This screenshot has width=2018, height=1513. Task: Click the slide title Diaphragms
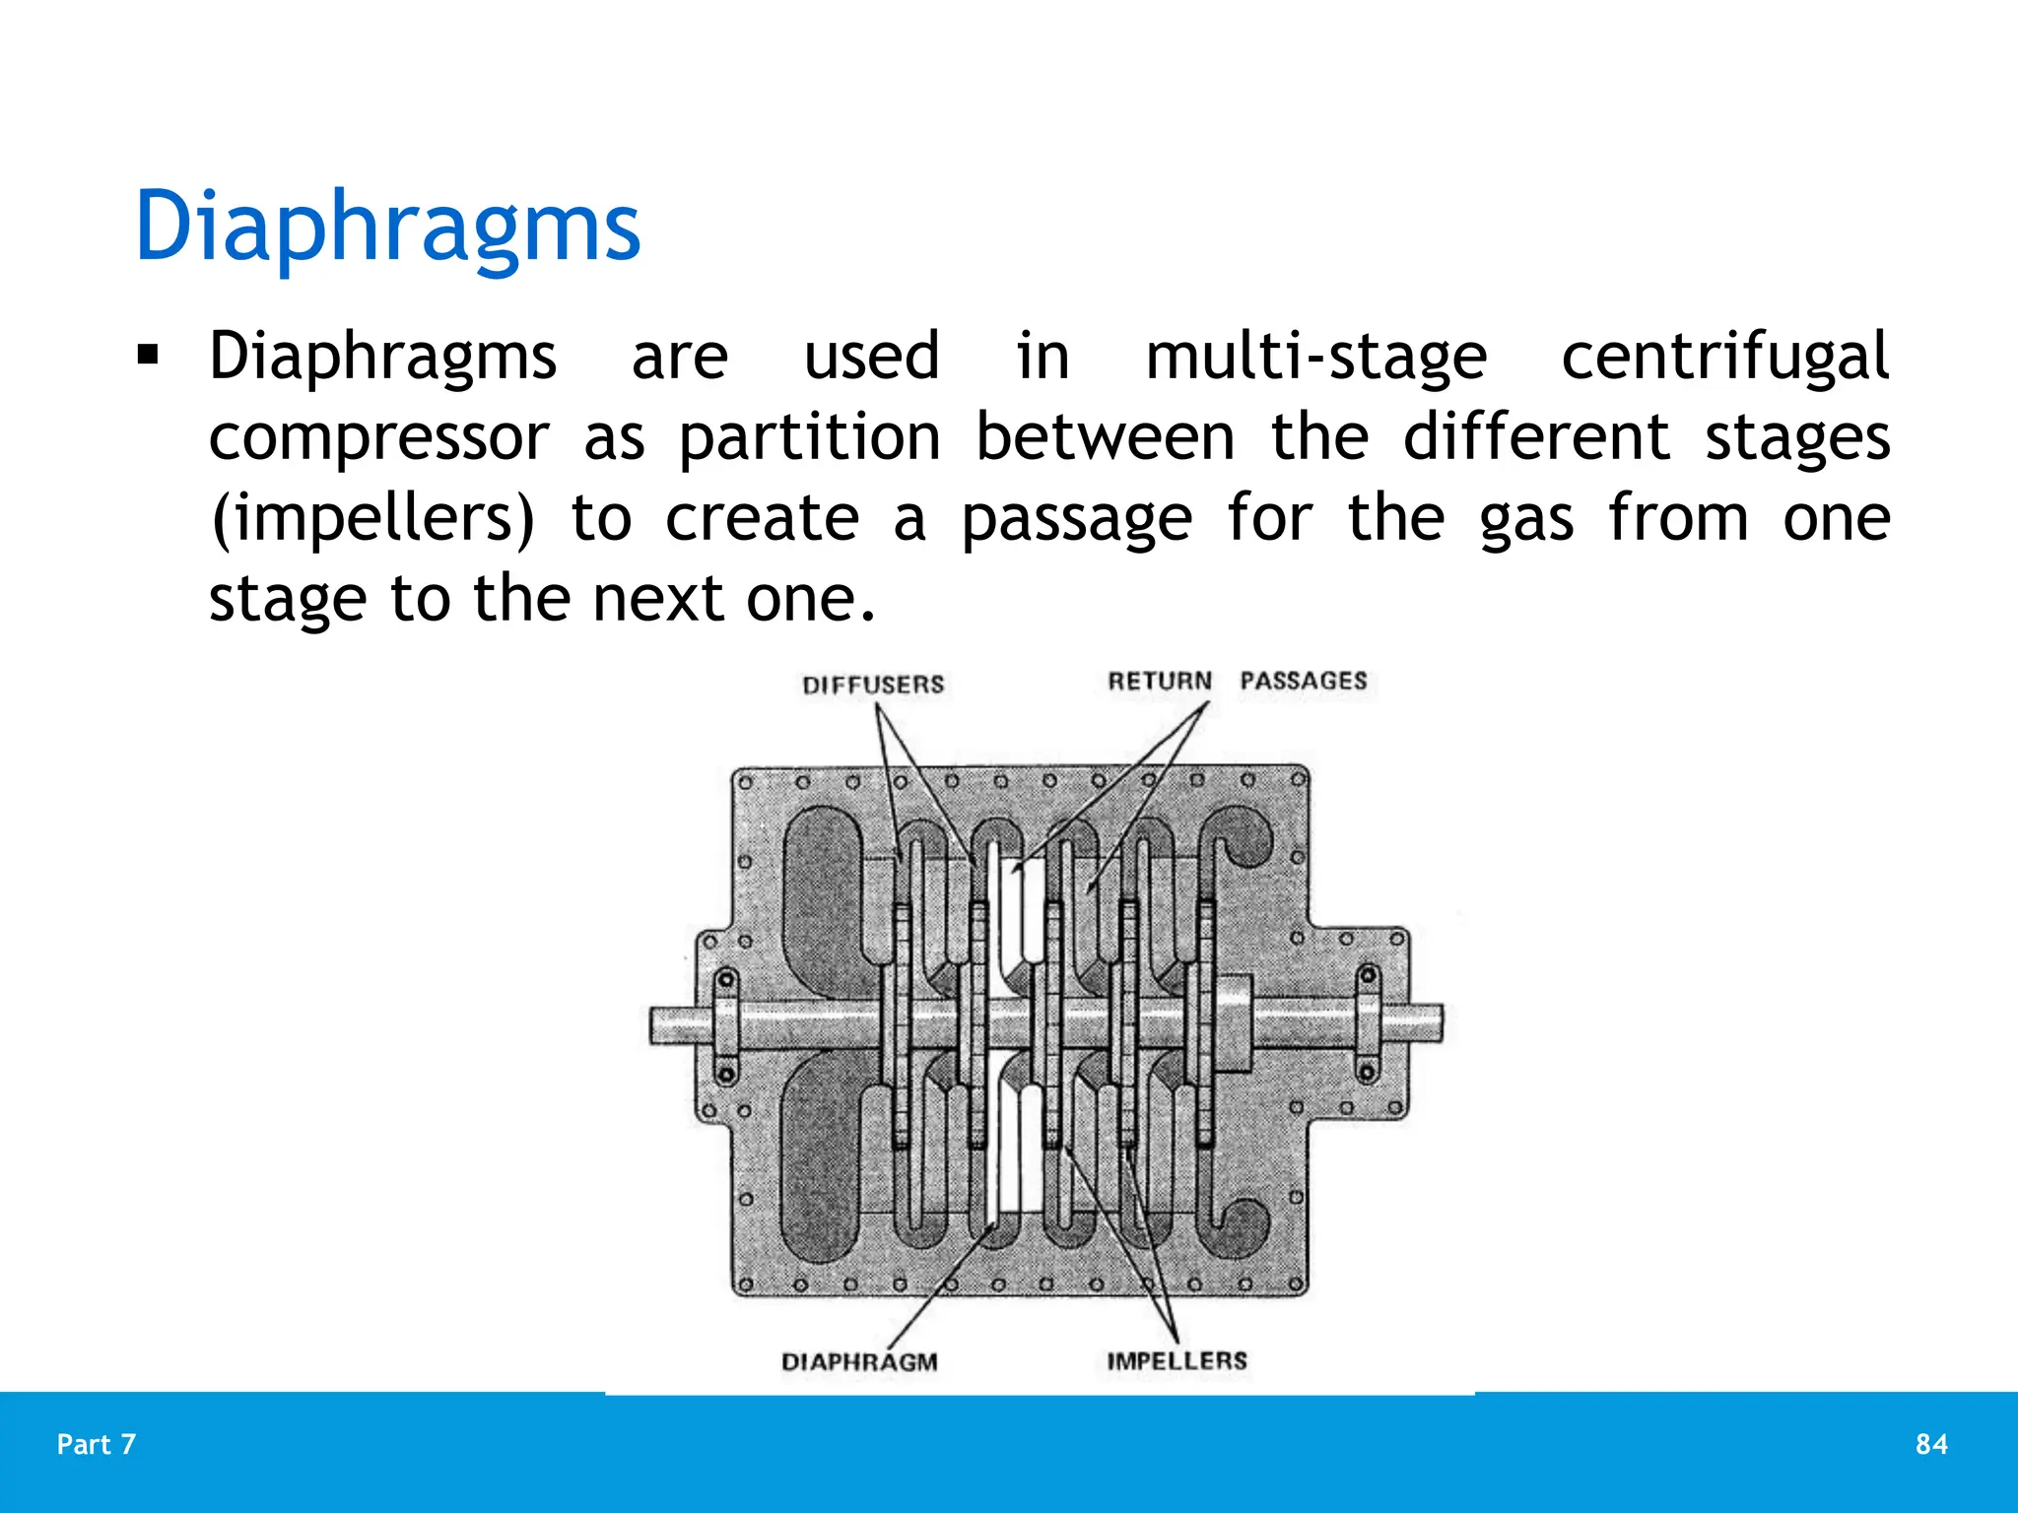387,227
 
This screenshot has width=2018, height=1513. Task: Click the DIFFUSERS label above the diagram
873,685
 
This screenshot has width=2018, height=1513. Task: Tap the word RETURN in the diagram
1160,681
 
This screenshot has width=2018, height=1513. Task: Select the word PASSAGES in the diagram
1303,681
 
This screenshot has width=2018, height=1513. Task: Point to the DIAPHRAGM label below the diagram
859,1362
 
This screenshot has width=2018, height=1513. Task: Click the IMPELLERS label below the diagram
1177,1360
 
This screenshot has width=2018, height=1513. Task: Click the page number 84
1931,1444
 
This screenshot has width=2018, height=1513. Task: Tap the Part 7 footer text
97,1444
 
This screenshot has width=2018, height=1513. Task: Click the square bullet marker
148,354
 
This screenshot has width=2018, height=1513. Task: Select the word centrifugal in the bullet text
1724,357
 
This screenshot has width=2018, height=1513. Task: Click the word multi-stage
1315,357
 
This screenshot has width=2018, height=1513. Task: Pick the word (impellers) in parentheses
372,519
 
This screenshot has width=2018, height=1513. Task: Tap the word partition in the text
809,437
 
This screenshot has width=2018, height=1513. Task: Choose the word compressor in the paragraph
378,439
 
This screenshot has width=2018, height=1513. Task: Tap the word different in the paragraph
1535,437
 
